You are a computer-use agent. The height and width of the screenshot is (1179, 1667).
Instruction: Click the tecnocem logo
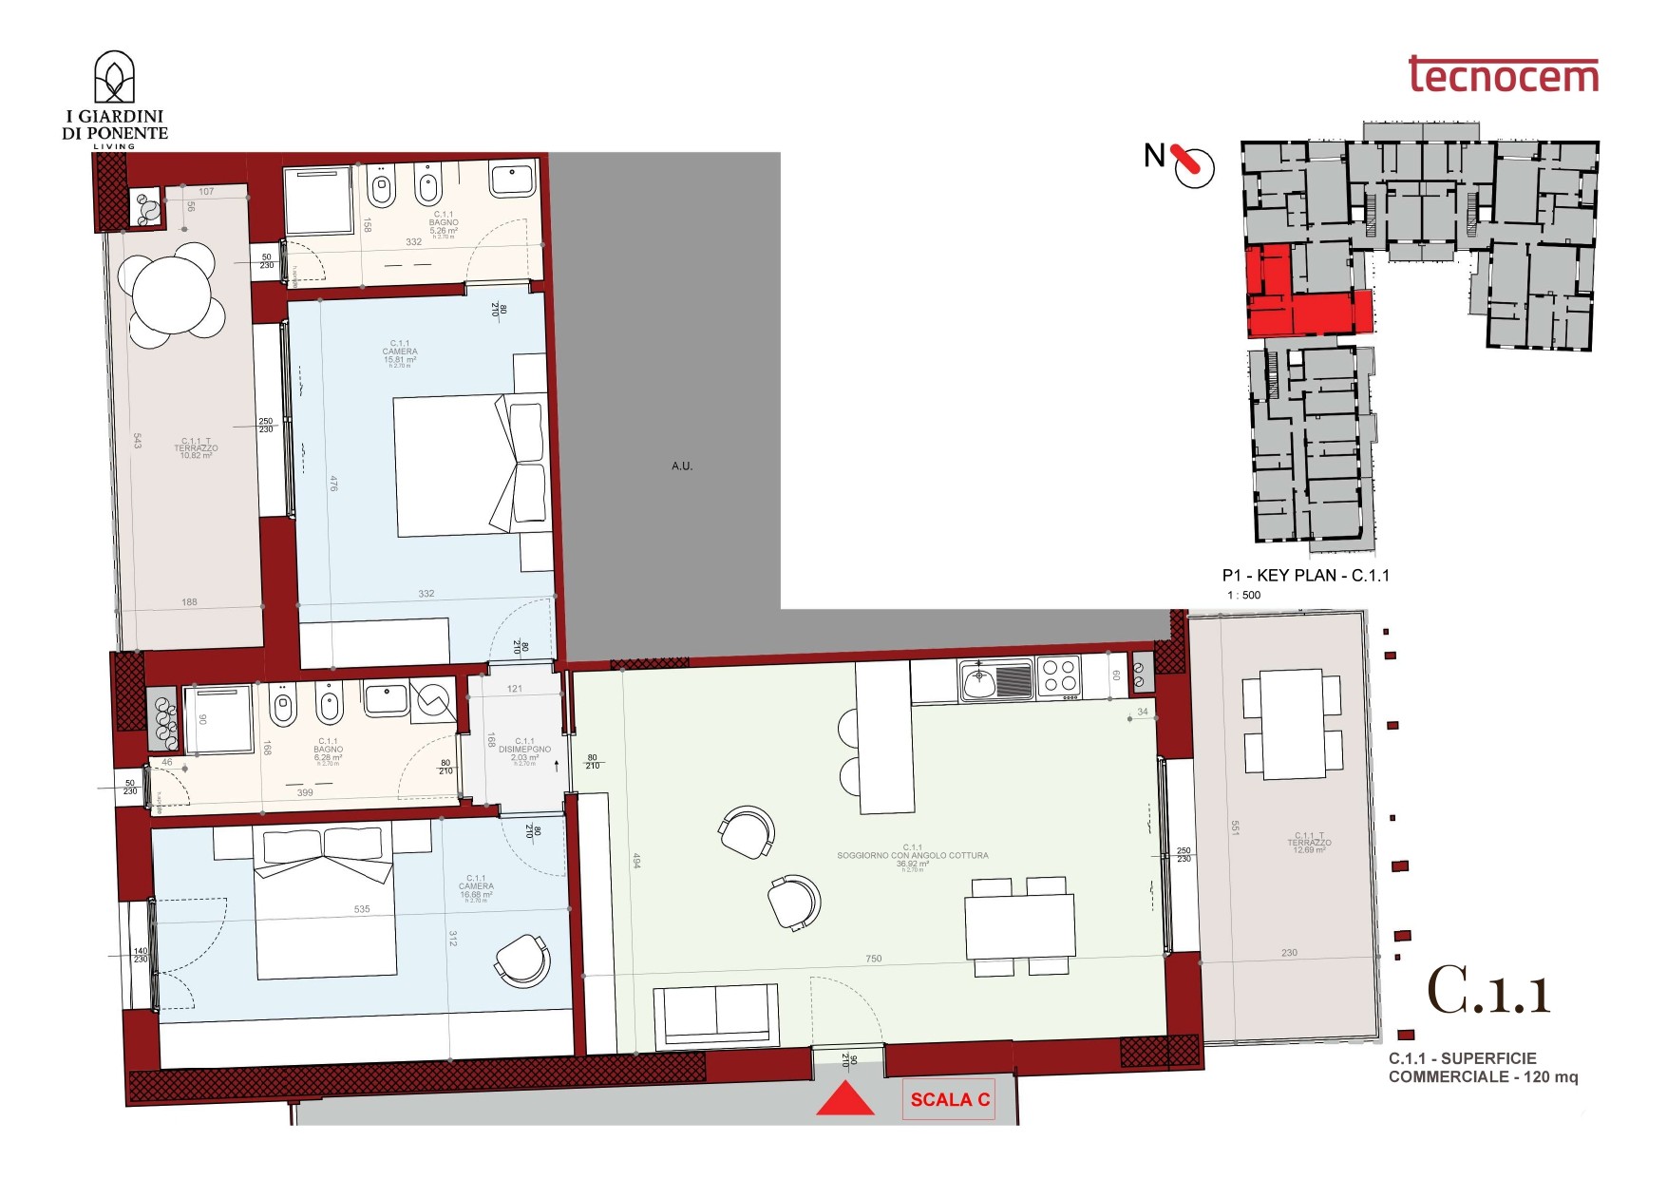[x=1503, y=75]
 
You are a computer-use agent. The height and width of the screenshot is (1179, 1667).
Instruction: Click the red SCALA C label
[x=949, y=1099]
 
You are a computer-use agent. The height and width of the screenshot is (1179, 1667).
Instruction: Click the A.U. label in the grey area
[x=682, y=466]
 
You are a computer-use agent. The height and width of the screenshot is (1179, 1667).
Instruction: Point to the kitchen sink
[x=995, y=680]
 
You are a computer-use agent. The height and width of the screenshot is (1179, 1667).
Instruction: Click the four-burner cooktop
[x=1059, y=676]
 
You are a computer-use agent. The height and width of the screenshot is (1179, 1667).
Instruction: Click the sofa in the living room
[x=715, y=1014]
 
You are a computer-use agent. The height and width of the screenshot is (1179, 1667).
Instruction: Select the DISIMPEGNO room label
[x=524, y=749]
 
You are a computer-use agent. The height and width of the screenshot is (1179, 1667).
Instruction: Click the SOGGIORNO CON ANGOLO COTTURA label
[x=912, y=855]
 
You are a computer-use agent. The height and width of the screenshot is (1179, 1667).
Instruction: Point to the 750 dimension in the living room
[x=873, y=959]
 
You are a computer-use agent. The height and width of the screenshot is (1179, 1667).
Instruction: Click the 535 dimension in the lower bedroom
[x=362, y=909]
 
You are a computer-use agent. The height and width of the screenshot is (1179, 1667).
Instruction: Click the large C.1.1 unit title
[x=1488, y=992]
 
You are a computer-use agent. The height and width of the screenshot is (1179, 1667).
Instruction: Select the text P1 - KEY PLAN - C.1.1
[x=1305, y=575]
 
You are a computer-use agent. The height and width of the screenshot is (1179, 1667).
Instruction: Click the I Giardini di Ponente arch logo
[x=114, y=79]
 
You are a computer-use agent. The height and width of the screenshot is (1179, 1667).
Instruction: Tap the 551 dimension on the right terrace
[x=1235, y=828]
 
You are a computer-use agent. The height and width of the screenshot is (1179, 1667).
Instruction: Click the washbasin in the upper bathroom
[x=513, y=180]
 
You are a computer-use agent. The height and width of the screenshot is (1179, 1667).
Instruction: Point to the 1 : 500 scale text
[x=1243, y=595]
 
